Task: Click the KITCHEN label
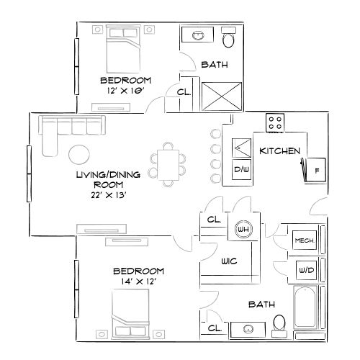pyautogui.click(x=274, y=151)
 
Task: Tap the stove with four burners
pyautogui.click(x=274, y=123)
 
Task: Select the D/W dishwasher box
pyautogui.click(x=240, y=169)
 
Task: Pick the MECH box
pyautogui.click(x=303, y=240)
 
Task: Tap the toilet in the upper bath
pyautogui.click(x=229, y=36)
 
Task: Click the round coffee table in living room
pyautogui.click(x=79, y=154)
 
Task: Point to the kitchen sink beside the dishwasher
pyautogui.click(x=240, y=149)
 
